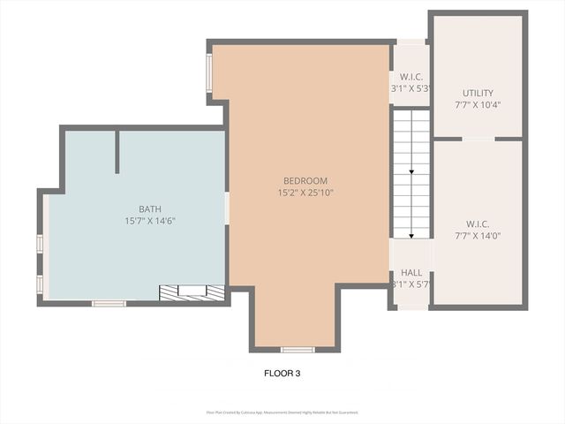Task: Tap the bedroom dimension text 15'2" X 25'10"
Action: (305, 193)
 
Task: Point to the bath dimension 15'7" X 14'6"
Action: (149, 221)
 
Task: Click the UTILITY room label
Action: (478, 93)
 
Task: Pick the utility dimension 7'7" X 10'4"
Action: (478, 105)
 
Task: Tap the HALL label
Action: (411, 273)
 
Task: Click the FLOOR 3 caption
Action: (282, 373)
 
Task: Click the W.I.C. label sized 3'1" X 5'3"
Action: (410, 76)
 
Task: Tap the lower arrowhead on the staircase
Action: (411, 234)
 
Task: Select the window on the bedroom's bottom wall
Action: (298, 350)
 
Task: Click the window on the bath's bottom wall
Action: (109, 304)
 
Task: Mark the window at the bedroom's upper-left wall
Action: (209, 73)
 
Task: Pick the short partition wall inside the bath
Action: (117, 152)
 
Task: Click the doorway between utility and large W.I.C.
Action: (478, 139)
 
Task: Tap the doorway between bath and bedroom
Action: (227, 208)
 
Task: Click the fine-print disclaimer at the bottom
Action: (282, 412)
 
